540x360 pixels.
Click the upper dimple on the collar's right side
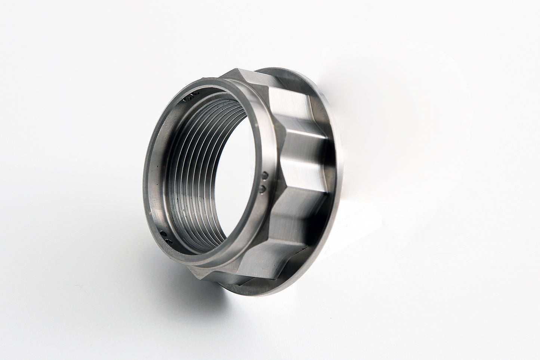(265, 175)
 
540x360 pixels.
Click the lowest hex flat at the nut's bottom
(258, 276)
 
